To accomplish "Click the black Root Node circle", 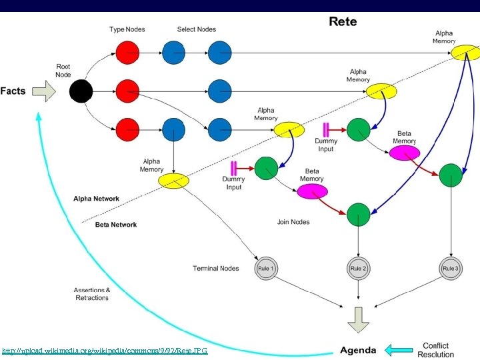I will [x=81, y=91].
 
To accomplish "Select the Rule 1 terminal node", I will [x=265, y=269].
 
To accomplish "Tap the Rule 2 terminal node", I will [x=359, y=269].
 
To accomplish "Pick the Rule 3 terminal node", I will [x=451, y=269].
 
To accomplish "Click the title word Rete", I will [x=343, y=21].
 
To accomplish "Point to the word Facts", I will [x=13, y=91].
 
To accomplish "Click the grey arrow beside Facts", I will [x=44, y=91].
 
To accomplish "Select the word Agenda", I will [x=358, y=350].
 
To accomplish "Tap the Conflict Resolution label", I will [x=436, y=350].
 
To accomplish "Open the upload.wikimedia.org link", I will [x=105, y=351].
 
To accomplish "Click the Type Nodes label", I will [x=127, y=29].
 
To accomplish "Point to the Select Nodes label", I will [x=197, y=29].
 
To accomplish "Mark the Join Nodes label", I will [x=293, y=222].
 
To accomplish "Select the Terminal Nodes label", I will [x=215, y=269].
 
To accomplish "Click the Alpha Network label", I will [x=97, y=199].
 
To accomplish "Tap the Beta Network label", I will [x=116, y=225].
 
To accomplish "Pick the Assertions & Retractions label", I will [x=92, y=294].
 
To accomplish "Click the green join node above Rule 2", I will [x=359, y=214].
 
